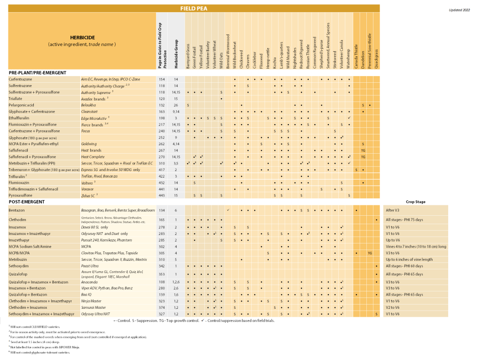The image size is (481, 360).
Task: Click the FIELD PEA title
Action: [x=194, y=8]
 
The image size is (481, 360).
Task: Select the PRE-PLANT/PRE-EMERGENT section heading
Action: [x=38, y=73]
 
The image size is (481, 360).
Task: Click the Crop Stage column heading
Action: [x=416, y=201]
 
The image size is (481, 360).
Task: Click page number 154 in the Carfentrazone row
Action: [x=162, y=79]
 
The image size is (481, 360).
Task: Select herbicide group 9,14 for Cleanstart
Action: [x=175, y=111]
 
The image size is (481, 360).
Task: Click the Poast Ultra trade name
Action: [x=90, y=266]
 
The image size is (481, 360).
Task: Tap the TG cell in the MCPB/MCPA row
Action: [x=370, y=253]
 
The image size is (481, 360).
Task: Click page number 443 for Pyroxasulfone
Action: [x=162, y=195]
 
